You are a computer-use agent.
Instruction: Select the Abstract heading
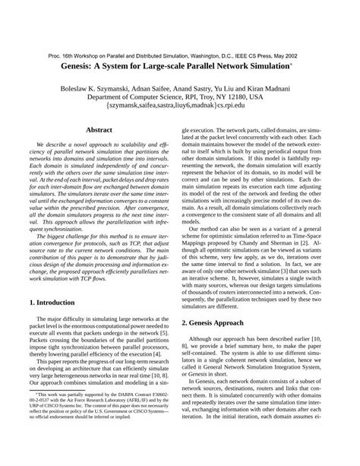pyautogui.click(x=99, y=130)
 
